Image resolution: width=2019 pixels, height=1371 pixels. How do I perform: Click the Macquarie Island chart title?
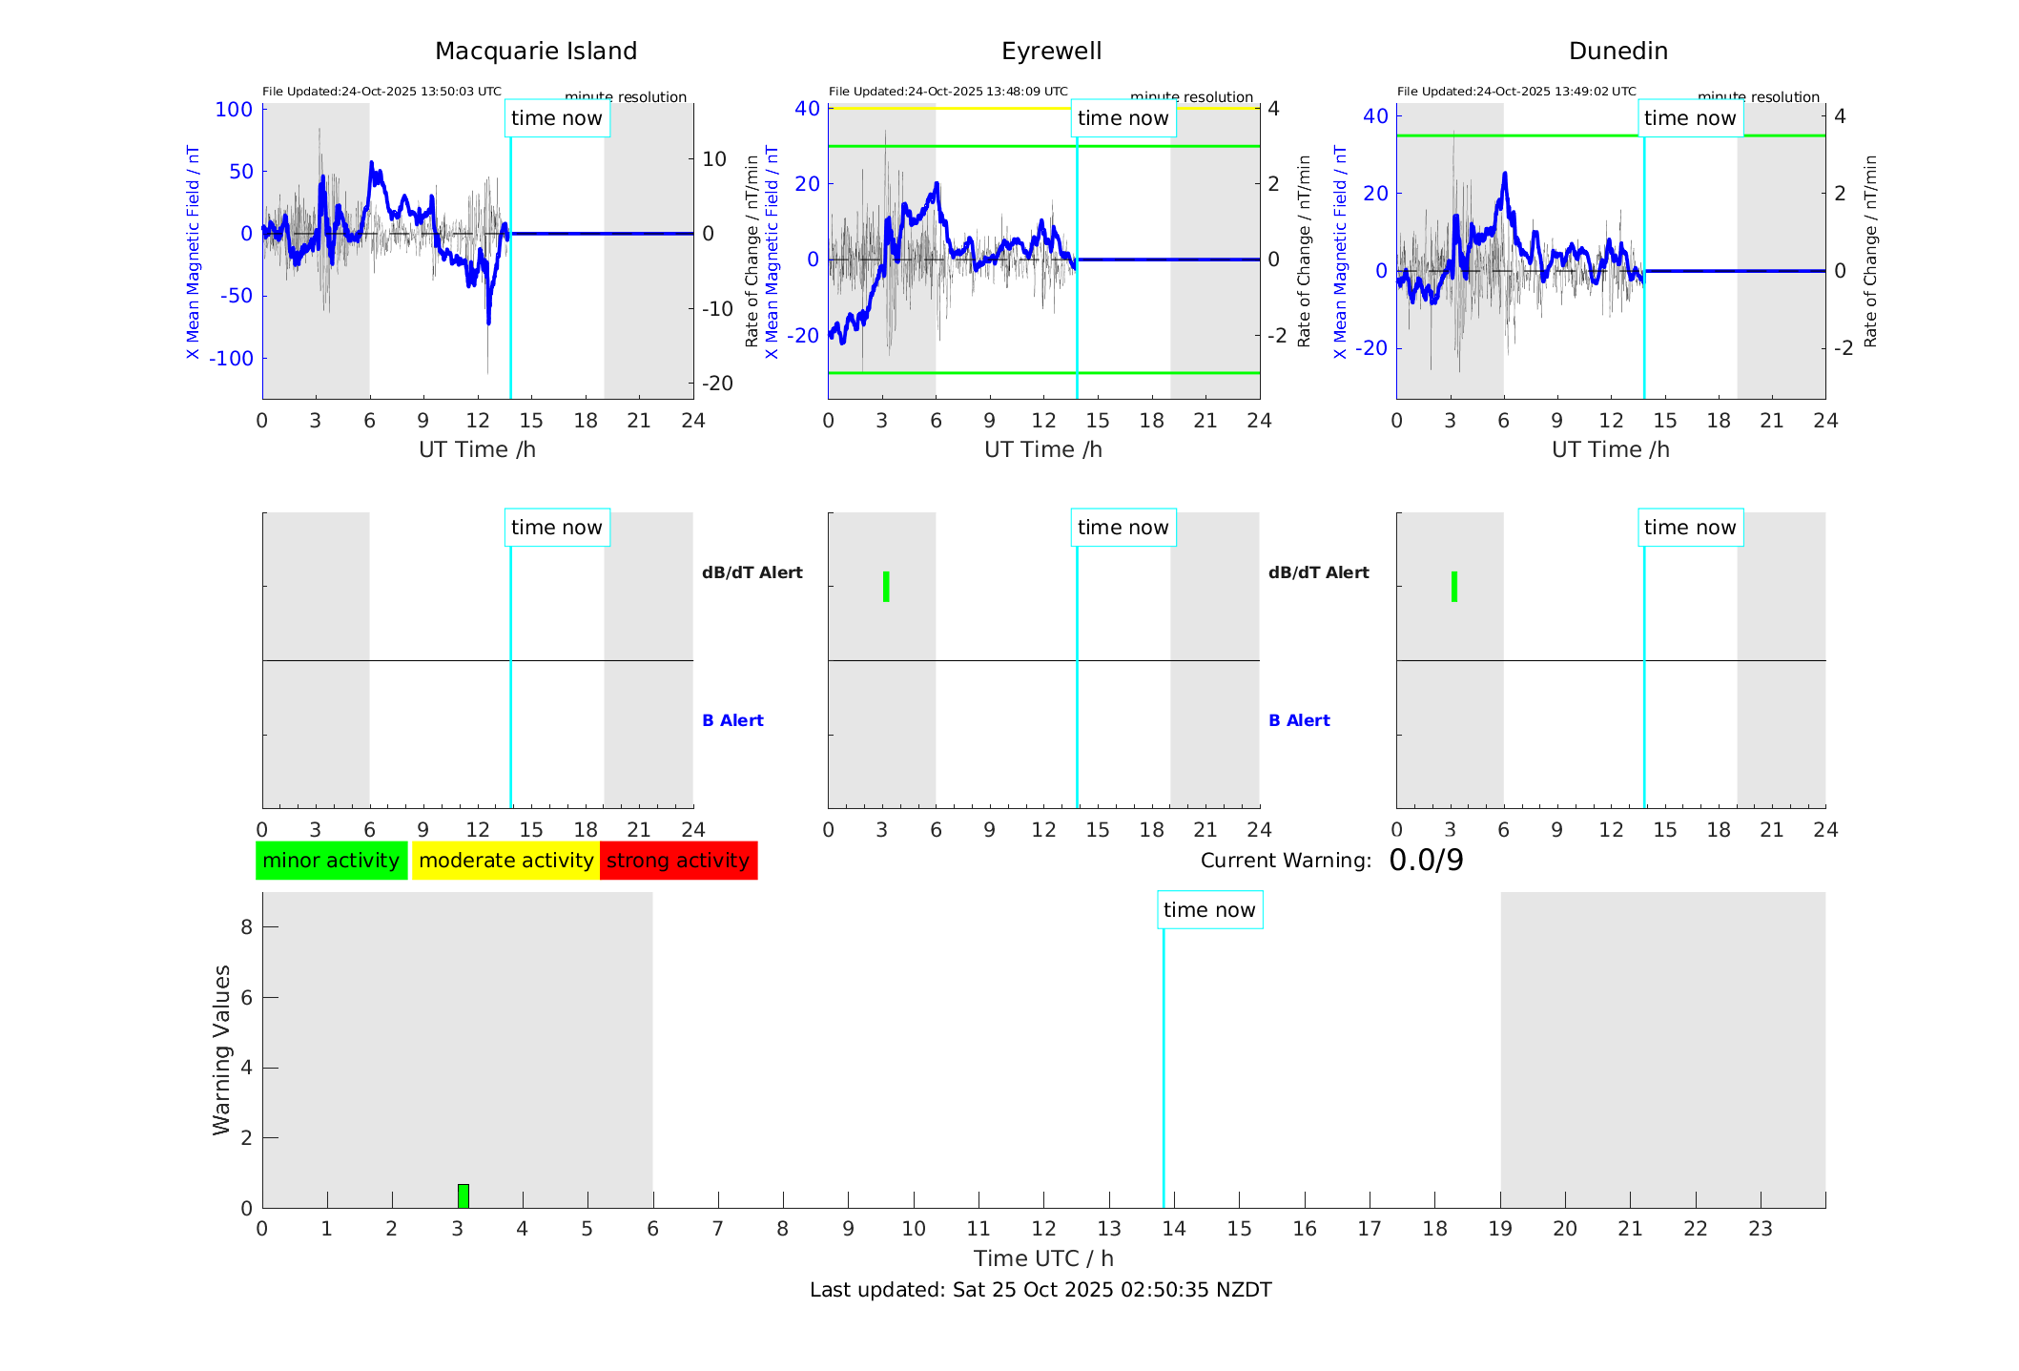click(535, 52)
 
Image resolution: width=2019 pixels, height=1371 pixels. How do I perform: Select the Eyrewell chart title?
click(1051, 52)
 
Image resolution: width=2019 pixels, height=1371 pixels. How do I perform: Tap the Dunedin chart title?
click(1617, 52)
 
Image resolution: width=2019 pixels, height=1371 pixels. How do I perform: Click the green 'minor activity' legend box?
click(331, 861)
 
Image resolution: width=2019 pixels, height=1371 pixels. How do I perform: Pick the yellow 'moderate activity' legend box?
click(505, 861)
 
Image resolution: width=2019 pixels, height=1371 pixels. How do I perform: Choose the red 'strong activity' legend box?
click(678, 861)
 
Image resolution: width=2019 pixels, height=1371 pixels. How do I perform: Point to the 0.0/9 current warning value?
click(1426, 861)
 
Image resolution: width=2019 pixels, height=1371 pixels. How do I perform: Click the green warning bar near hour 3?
click(464, 1196)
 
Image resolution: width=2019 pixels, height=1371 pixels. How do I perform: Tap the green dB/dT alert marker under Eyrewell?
click(886, 587)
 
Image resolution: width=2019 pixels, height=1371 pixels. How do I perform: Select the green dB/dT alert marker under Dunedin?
click(1453, 587)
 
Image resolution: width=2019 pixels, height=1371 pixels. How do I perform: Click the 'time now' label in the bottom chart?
click(1209, 910)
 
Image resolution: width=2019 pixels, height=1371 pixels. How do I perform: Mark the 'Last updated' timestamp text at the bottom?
click(1040, 1290)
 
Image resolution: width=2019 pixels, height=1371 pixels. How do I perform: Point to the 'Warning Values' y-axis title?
click(221, 1049)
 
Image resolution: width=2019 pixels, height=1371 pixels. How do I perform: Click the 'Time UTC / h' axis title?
click(1043, 1258)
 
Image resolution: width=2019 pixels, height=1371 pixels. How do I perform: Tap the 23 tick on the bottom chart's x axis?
click(1760, 1229)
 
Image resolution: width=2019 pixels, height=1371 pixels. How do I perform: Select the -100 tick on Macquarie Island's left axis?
click(232, 359)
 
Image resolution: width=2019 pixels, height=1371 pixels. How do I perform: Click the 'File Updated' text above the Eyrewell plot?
click(948, 92)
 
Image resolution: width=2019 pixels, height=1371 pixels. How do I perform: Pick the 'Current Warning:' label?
click(1286, 861)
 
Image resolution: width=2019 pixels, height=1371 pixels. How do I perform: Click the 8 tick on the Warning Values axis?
click(247, 926)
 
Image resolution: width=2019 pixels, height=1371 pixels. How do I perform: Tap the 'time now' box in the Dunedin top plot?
click(1690, 118)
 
